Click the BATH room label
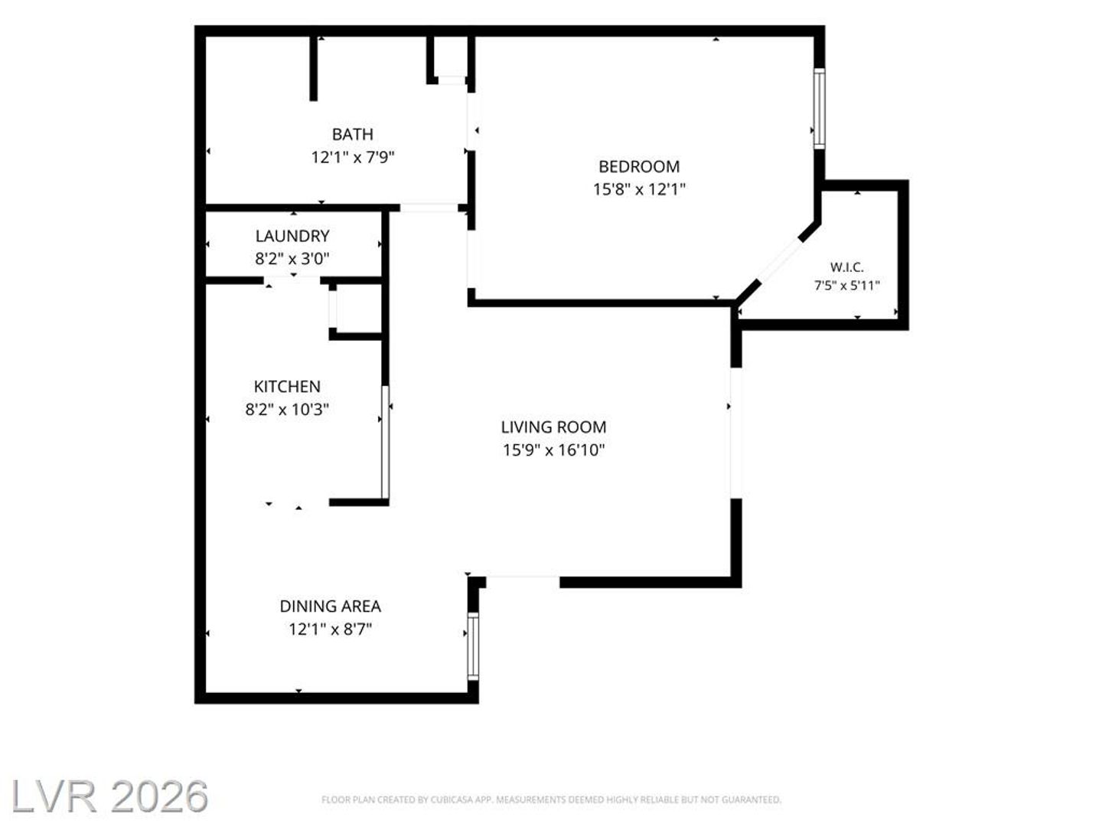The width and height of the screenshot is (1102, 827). tap(353, 134)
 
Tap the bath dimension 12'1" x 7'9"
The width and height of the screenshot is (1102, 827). tap(353, 157)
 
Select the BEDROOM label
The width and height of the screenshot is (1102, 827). tap(639, 166)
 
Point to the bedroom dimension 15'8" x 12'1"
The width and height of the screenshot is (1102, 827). tap(639, 189)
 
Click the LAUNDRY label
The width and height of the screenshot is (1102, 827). tap(292, 236)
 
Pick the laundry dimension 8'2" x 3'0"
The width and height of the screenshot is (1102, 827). tap(292, 259)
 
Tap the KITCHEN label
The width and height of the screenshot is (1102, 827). tap(287, 386)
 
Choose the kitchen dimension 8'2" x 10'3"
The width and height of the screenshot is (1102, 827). tap(287, 409)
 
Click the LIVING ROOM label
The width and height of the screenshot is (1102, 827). tap(554, 427)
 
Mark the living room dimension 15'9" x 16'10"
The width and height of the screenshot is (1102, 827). tap(554, 450)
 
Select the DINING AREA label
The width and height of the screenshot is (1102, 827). tap(331, 606)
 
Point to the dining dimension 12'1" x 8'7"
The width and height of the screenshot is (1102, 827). tap(331, 629)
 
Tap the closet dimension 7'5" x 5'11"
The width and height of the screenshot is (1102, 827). tap(847, 286)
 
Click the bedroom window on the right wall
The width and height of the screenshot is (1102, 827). tap(819, 108)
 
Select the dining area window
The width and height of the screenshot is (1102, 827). tap(473, 646)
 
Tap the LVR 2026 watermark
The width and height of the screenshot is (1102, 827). tap(109, 796)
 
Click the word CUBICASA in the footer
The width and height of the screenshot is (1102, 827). tap(452, 799)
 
